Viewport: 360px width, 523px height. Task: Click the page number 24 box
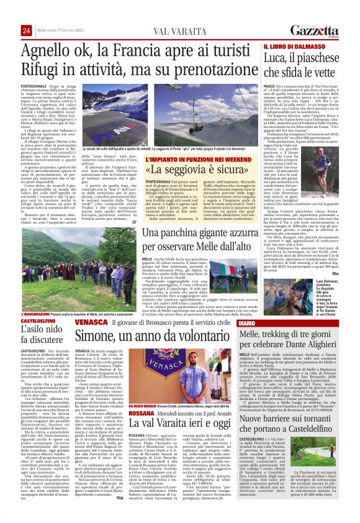[x=27, y=30]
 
